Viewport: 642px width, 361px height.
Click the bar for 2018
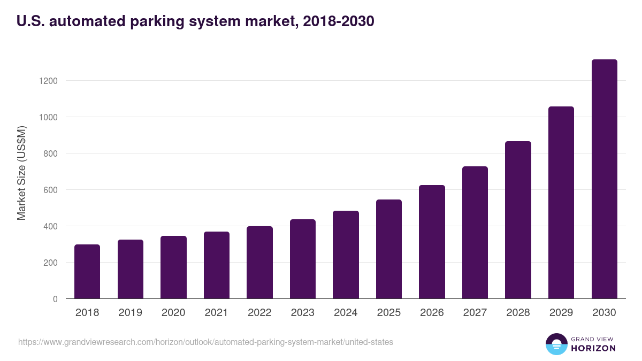pos(87,272)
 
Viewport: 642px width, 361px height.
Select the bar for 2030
pos(605,179)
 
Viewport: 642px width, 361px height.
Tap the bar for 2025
pos(389,249)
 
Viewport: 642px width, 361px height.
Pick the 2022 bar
pos(259,263)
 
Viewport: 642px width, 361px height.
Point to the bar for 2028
pos(518,220)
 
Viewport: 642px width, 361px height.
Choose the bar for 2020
pos(173,267)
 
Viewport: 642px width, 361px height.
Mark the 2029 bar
pos(561,203)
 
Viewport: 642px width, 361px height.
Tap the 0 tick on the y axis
pos(55,299)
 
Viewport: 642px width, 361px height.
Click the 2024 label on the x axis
pos(346,313)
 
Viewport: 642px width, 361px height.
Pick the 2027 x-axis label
pos(475,313)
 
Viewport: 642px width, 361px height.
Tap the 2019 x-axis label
pos(130,313)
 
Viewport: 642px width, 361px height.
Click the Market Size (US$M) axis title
pos(21,173)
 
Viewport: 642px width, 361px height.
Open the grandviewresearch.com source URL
pos(205,342)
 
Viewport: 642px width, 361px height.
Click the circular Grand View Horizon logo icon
pos(556,344)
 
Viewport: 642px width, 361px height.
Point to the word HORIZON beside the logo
pos(593,348)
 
